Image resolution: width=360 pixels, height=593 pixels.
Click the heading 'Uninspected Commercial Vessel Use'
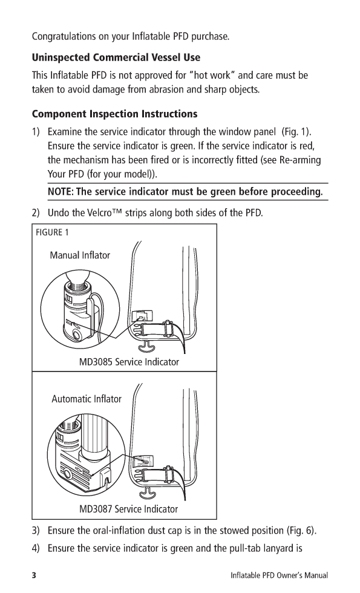point(116,57)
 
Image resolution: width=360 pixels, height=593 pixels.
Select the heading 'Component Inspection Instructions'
point(114,114)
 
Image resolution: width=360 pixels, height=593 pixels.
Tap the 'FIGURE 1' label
point(52,232)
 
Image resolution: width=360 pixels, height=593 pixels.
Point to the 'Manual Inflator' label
point(80,255)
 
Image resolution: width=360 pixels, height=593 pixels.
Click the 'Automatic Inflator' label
point(87,399)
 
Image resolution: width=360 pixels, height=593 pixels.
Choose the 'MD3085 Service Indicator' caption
point(129,362)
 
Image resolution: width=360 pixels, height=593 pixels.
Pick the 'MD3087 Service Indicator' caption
point(128,509)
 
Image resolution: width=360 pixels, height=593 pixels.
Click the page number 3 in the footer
point(34,575)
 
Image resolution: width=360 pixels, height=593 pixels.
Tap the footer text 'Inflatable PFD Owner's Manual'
point(280,575)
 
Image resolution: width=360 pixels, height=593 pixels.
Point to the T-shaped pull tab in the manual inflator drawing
point(146,346)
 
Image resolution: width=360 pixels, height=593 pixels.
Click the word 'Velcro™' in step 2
point(98,212)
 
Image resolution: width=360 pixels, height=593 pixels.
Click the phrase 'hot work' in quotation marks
point(212,75)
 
